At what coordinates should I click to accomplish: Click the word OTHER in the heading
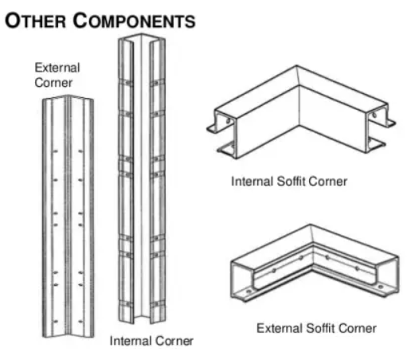point(35,21)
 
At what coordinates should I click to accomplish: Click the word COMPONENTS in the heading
point(135,21)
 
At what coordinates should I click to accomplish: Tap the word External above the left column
point(57,68)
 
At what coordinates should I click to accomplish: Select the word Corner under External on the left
point(53,83)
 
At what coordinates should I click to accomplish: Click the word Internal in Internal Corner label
point(129,341)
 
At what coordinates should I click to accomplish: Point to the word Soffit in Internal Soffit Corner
point(291,182)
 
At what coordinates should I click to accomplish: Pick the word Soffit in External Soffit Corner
point(320,328)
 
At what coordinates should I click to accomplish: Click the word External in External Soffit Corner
point(280,328)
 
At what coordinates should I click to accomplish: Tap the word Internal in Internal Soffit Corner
point(252,182)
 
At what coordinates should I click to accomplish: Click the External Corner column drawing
point(68,217)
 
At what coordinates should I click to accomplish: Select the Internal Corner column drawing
point(142,178)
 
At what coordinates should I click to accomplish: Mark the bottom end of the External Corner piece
point(68,335)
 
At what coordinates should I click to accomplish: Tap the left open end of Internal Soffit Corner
point(223,133)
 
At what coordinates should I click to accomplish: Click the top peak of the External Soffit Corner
point(310,225)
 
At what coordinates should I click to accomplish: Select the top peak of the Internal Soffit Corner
point(296,65)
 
